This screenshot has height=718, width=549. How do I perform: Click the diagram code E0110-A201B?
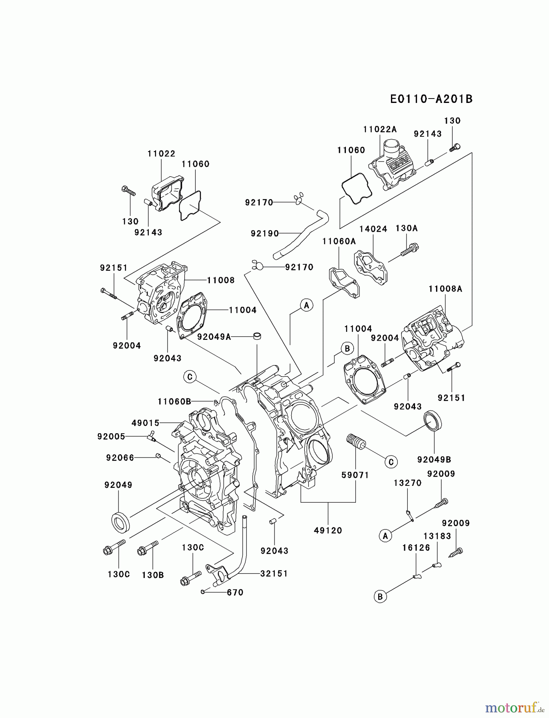click(x=431, y=99)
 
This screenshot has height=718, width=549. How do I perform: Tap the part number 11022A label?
click(x=380, y=129)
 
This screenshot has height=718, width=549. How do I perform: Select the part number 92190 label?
click(x=265, y=233)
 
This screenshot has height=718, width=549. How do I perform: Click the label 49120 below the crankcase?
click(x=328, y=530)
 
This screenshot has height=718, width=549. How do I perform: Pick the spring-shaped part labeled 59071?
click(x=355, y=442)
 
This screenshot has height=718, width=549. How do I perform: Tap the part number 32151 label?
click(x=274, y=573)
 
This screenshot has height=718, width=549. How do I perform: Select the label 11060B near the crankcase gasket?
click(x=174, y=401)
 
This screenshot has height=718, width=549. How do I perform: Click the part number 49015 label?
click(x=146, y=423)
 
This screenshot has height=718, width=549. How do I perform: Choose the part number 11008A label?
click(x=445, y=289)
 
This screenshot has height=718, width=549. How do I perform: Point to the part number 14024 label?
click(x=373, y=229)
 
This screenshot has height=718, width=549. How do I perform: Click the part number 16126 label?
click(x=416, y=548)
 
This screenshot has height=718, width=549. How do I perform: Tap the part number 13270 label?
click(x=407, y=483)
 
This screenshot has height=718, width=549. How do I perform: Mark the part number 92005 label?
click(x=111, y=437)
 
